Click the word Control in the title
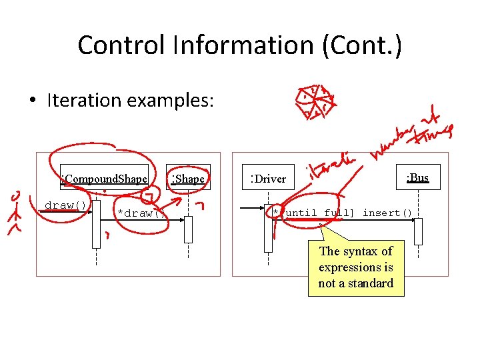click(x=121, y=45)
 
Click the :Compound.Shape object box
click(x=104, y=179)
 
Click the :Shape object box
click(x=189, y=178)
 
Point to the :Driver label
click(x=268, y=179)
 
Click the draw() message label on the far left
click(x=65, y=205)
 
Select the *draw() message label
click(x=140, y=213)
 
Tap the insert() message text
click(x=387, y=213)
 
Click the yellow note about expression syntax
click(x=356, y=267)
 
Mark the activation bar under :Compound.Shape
click(x=96, y=223)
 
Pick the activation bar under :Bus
click(x=418, y=231)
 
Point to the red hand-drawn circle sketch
click(x=315, y=101)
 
